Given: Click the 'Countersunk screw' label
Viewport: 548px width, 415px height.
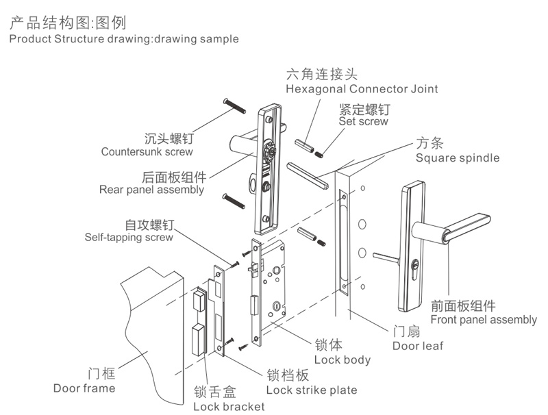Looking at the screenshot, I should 147,152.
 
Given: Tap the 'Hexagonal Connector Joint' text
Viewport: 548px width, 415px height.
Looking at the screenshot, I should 362,89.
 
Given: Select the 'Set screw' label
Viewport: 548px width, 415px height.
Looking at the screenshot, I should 363,122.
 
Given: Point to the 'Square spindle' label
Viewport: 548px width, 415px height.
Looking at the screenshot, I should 458,158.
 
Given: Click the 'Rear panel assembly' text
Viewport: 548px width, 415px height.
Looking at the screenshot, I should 151,190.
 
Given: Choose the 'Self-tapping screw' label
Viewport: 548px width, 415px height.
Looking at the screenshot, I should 129,238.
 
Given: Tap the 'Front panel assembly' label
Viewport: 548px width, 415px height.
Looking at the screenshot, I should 484,320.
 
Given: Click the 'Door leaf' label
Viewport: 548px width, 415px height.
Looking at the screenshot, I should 418,346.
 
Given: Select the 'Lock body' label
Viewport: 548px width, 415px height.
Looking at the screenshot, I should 342,360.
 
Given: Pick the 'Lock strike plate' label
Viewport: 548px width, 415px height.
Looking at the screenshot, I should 311,390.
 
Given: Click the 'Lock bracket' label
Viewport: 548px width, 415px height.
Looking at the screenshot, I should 229,407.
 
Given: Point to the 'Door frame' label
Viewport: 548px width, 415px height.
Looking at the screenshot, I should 84,388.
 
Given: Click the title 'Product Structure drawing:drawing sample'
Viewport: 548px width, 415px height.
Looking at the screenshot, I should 124,39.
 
